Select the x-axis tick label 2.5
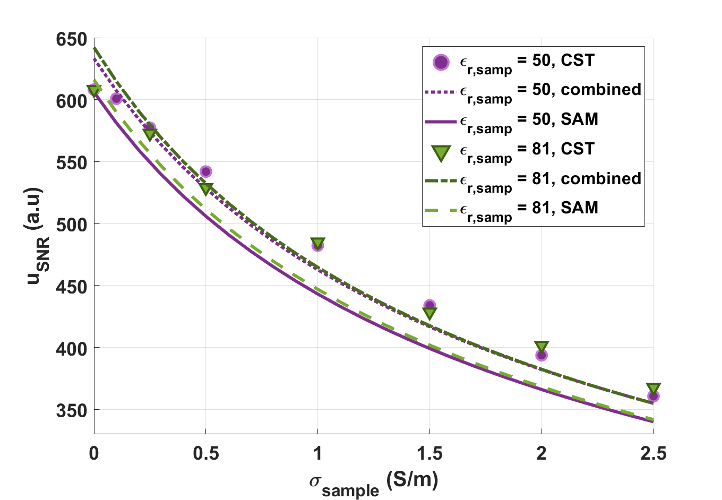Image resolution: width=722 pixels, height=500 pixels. [653, 453]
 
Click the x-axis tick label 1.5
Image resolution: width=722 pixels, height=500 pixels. [429, 453]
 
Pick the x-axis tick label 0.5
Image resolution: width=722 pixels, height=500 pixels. [206, 453]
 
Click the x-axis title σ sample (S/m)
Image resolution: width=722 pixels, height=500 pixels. [374, 482]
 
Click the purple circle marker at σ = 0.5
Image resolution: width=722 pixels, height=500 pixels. [206, 171]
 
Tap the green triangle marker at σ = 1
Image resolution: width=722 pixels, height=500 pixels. [317, 244]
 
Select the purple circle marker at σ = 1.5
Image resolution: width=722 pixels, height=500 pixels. [429, 305]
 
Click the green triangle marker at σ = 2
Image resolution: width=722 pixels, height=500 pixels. [541, 347]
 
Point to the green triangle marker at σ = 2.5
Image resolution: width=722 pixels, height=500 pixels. [653, 389]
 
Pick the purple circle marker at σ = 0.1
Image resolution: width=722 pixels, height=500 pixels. [116, 98]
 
